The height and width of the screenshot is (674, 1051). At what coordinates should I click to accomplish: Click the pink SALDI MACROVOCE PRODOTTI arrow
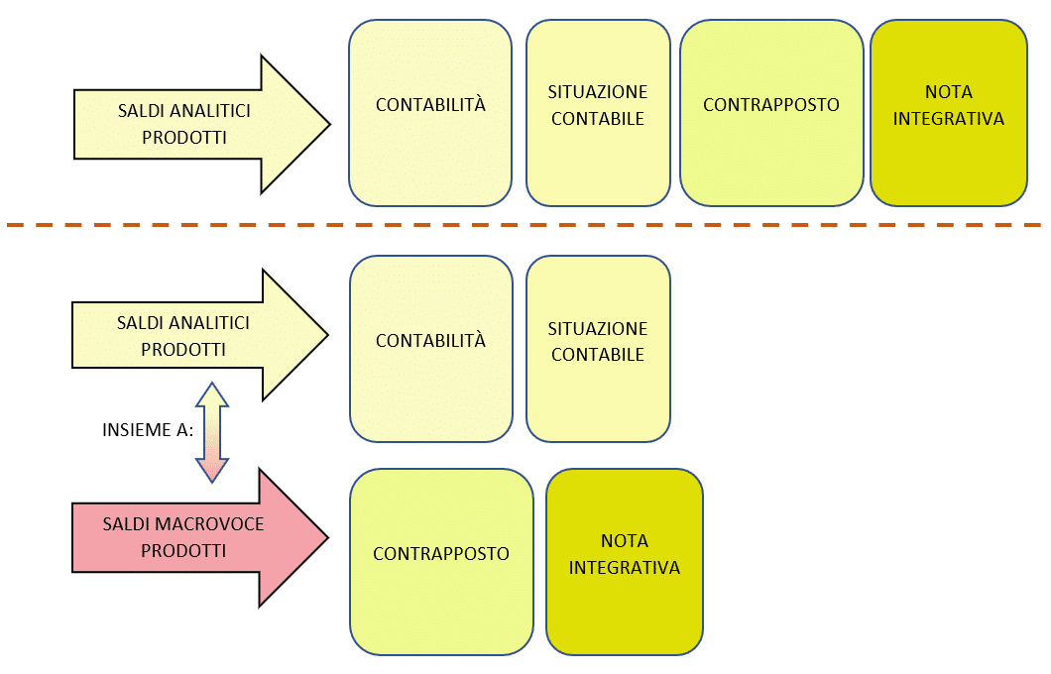(x=199, y=537)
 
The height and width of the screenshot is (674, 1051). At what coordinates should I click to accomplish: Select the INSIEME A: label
(x=148, y=429)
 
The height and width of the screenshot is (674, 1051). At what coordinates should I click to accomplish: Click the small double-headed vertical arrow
(x=212, y=432)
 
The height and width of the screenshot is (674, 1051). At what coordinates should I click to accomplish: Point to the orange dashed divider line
(x=524, y=225)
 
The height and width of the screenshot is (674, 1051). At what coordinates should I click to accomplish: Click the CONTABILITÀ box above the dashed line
(x=430, y=113)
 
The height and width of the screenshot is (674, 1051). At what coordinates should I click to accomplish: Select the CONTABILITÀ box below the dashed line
(x=431, y=348)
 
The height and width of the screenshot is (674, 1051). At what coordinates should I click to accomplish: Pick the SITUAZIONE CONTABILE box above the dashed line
(x=598, y=113)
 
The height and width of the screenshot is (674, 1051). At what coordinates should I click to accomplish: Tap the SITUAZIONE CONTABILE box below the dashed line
(x=598, y=348)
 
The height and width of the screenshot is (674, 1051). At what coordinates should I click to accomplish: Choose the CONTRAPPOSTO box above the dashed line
(x=771, y=113)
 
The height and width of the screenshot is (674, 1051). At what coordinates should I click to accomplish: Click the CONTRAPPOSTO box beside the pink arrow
(x=441, y=561)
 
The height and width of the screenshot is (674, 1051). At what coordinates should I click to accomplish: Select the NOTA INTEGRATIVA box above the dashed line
(x=949, y=113)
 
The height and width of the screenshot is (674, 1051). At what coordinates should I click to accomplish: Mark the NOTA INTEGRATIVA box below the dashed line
(x=624, y=561)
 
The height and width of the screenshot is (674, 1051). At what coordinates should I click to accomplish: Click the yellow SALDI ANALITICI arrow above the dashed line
(x=201, y=124)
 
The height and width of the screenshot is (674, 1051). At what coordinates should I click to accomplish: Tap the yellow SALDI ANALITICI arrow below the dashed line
(x=199, y=335)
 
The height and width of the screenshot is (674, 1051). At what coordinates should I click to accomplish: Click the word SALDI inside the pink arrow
(x=121, y=524)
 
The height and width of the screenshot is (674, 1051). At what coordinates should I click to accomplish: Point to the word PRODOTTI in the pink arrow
(x=183, y=551)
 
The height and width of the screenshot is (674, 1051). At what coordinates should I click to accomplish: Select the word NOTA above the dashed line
(x=949, y=92)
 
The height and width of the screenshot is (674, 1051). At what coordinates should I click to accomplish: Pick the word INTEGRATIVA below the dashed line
(x=624, y=568)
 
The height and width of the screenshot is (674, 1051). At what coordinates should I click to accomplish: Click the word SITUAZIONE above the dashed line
(x=598, y=92)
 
